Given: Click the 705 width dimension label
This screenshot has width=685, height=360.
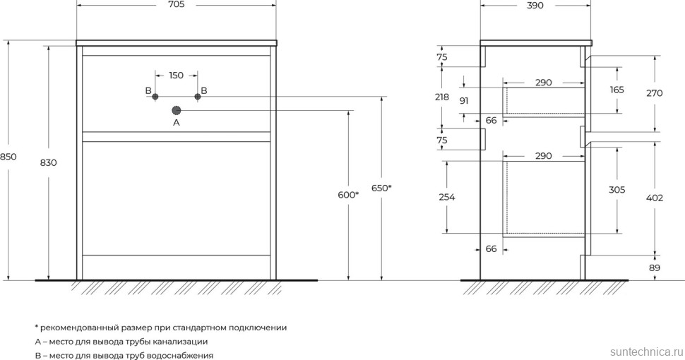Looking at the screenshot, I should pos(176,6).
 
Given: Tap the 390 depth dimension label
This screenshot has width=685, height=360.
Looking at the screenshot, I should pos(535,6).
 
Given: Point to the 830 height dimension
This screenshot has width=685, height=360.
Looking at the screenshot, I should pos(49,163).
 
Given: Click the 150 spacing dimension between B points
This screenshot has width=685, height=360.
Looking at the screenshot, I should pos(176,76).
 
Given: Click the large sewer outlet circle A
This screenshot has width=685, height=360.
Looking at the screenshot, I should pos(177,110).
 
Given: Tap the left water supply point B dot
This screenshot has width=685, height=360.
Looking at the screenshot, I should pos(155,97).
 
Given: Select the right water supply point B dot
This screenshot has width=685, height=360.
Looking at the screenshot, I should pos(198,97).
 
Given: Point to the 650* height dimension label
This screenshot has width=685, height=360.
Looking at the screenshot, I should pos(381,188).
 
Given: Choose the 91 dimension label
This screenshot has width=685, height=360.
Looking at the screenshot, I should pos(464,101).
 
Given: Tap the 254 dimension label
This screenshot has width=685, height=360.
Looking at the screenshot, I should pos(446,198).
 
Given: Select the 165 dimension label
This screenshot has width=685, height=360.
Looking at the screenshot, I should pos(617,90).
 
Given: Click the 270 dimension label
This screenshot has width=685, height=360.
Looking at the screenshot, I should pos(655,92).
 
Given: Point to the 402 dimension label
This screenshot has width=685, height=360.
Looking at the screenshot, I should pos(655,198).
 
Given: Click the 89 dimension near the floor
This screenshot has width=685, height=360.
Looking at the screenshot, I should pos(655,268).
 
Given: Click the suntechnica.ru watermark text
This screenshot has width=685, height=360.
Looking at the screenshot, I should pos(643,350).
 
